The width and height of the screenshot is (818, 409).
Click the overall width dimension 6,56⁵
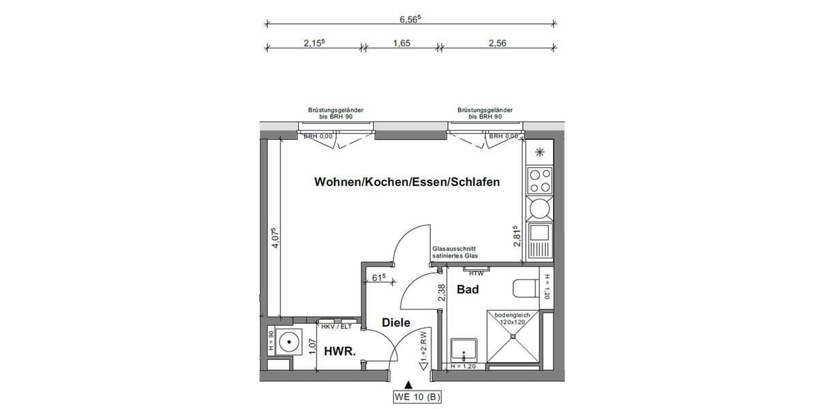tap(410, 19)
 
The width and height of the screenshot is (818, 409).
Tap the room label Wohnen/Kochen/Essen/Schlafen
tap(407, 183)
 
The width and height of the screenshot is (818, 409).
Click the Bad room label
tap(468, 290)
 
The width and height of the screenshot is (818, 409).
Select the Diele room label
tap(396, 323)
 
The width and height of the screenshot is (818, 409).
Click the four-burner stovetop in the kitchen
tap(541, 181)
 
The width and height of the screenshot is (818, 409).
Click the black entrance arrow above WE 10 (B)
tap(408, 385)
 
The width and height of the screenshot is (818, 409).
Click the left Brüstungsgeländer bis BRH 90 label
tap(335, 113)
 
